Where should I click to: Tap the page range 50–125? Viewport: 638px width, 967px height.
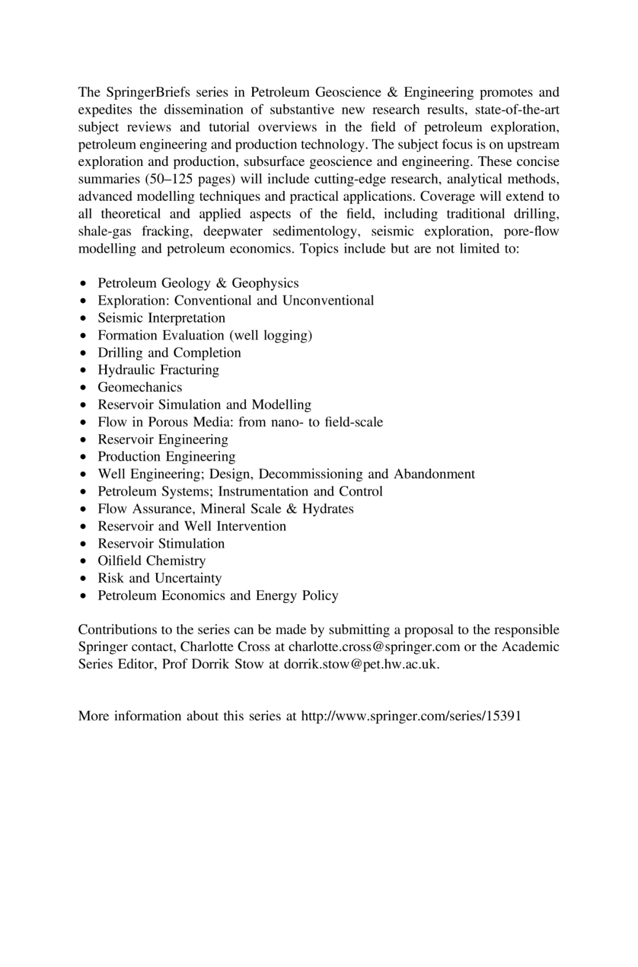point(170,179)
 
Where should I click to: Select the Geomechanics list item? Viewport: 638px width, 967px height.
point(140,388)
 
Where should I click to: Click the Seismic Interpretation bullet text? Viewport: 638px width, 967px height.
point(161,318)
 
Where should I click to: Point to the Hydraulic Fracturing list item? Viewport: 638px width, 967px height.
point(158,370)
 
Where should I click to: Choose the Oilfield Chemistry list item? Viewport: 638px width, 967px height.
point(152,561)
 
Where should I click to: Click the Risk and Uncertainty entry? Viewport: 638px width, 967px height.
point(159,578)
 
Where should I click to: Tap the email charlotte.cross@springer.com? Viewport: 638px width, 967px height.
point(374,647)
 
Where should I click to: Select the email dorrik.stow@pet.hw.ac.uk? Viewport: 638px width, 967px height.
point(362,664)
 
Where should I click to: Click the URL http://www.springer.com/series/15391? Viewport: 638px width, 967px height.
point(411,717)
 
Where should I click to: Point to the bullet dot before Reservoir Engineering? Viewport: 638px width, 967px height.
point(86,440)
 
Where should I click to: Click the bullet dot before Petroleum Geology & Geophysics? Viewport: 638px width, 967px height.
point(86,284)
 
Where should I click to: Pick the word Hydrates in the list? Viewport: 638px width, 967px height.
point(328,509)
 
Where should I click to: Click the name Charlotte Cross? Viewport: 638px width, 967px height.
point(225,647)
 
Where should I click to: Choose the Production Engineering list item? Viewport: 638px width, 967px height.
point(167,457)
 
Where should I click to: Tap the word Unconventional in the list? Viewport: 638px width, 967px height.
point(328,301)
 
